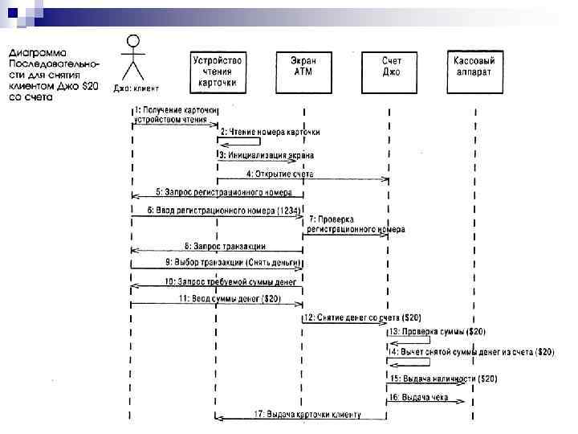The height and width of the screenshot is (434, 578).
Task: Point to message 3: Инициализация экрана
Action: point(271,154)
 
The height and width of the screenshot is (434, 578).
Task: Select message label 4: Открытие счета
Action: point(280,174)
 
